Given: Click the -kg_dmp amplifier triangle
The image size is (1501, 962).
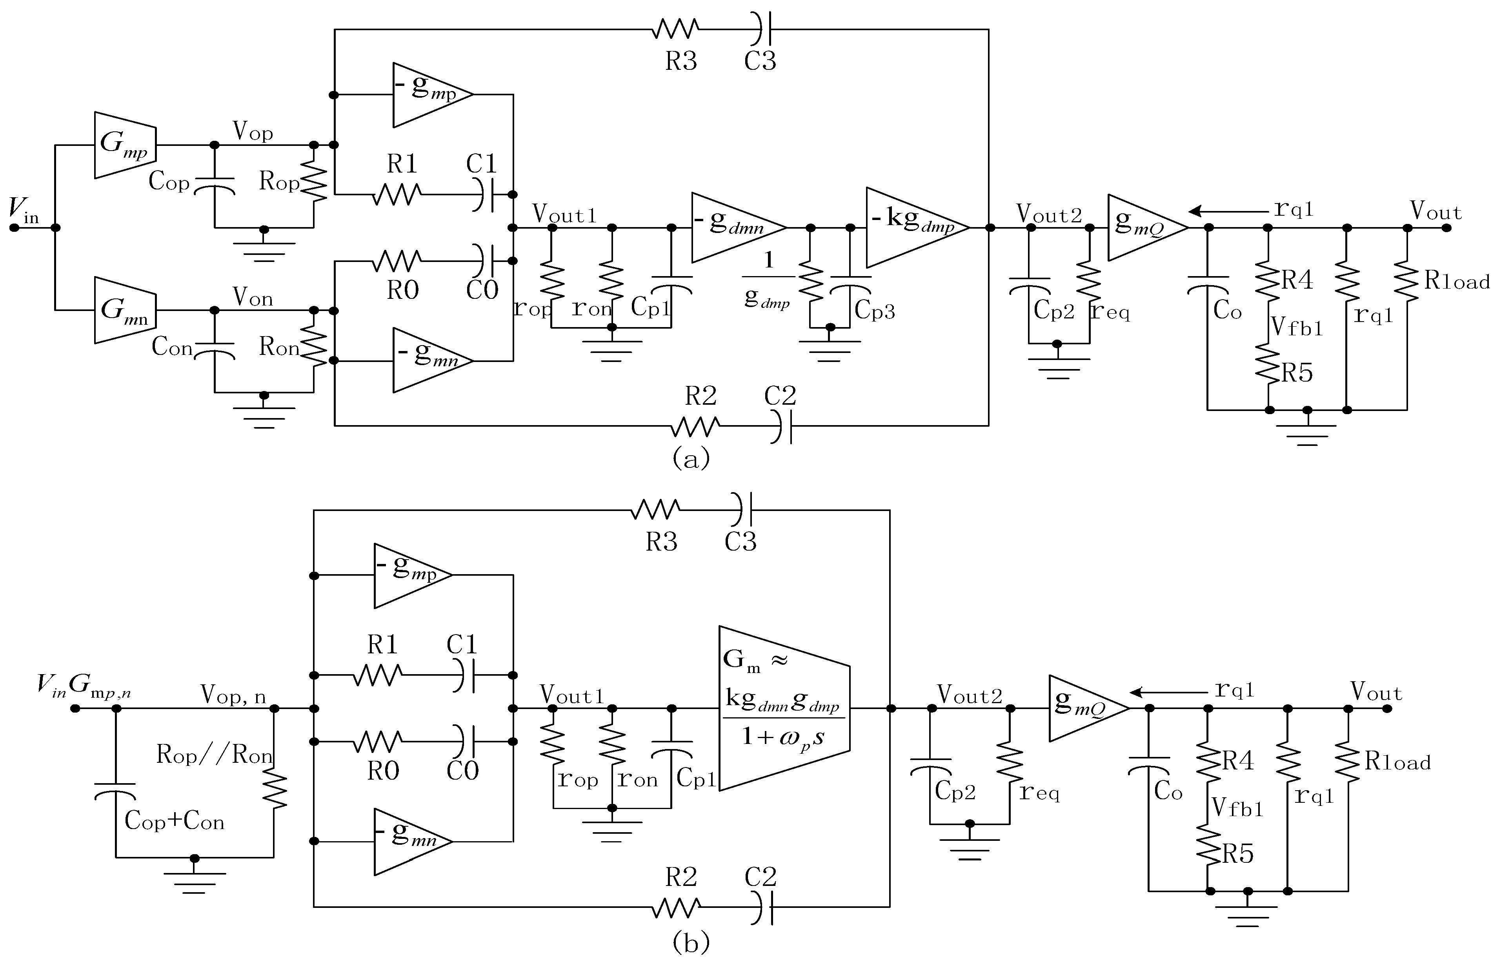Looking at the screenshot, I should click(915, 227).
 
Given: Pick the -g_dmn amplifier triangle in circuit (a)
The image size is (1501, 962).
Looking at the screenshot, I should click(737, 227).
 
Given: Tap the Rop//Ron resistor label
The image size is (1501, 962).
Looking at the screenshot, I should click(214, 755).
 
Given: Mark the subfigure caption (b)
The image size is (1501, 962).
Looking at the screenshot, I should click(691, 942).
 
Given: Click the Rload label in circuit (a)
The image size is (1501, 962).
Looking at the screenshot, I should click(1457, 281).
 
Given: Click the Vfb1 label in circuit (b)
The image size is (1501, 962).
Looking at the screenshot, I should click(1237, 808).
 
